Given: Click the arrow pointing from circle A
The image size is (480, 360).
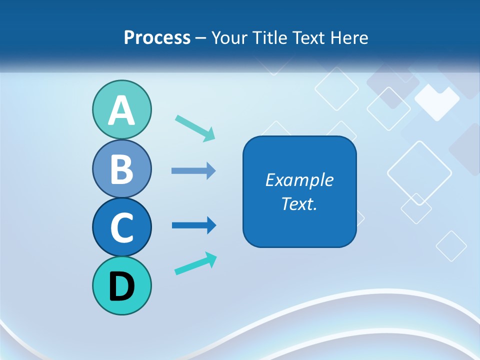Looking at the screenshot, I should (x=195, y=127).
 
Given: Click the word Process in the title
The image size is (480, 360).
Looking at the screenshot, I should (x=157, y=37).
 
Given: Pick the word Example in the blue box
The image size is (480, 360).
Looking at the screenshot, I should (x=299, y=180).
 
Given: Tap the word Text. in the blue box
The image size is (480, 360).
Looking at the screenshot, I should (x=299, y=203).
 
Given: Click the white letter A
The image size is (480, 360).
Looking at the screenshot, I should (x=121, y=110).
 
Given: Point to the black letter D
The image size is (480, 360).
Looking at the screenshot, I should (x=121, y=286).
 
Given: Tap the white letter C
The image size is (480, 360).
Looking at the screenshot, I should (x=121, y=227).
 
